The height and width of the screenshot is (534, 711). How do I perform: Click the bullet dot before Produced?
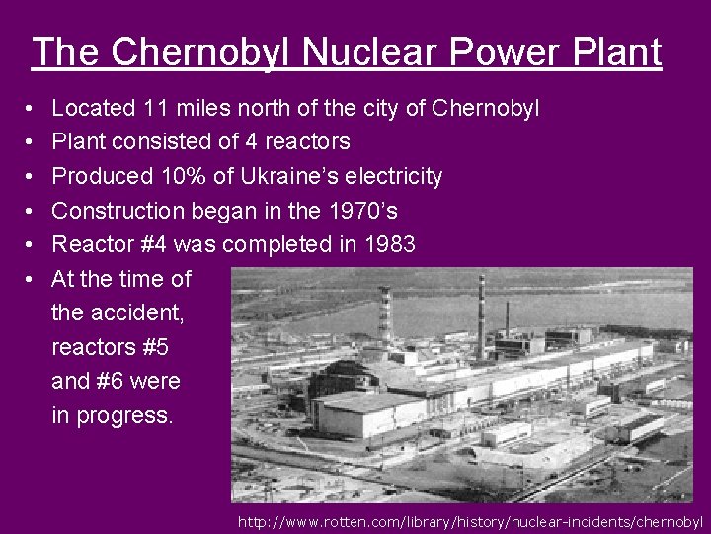pos(33,178)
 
